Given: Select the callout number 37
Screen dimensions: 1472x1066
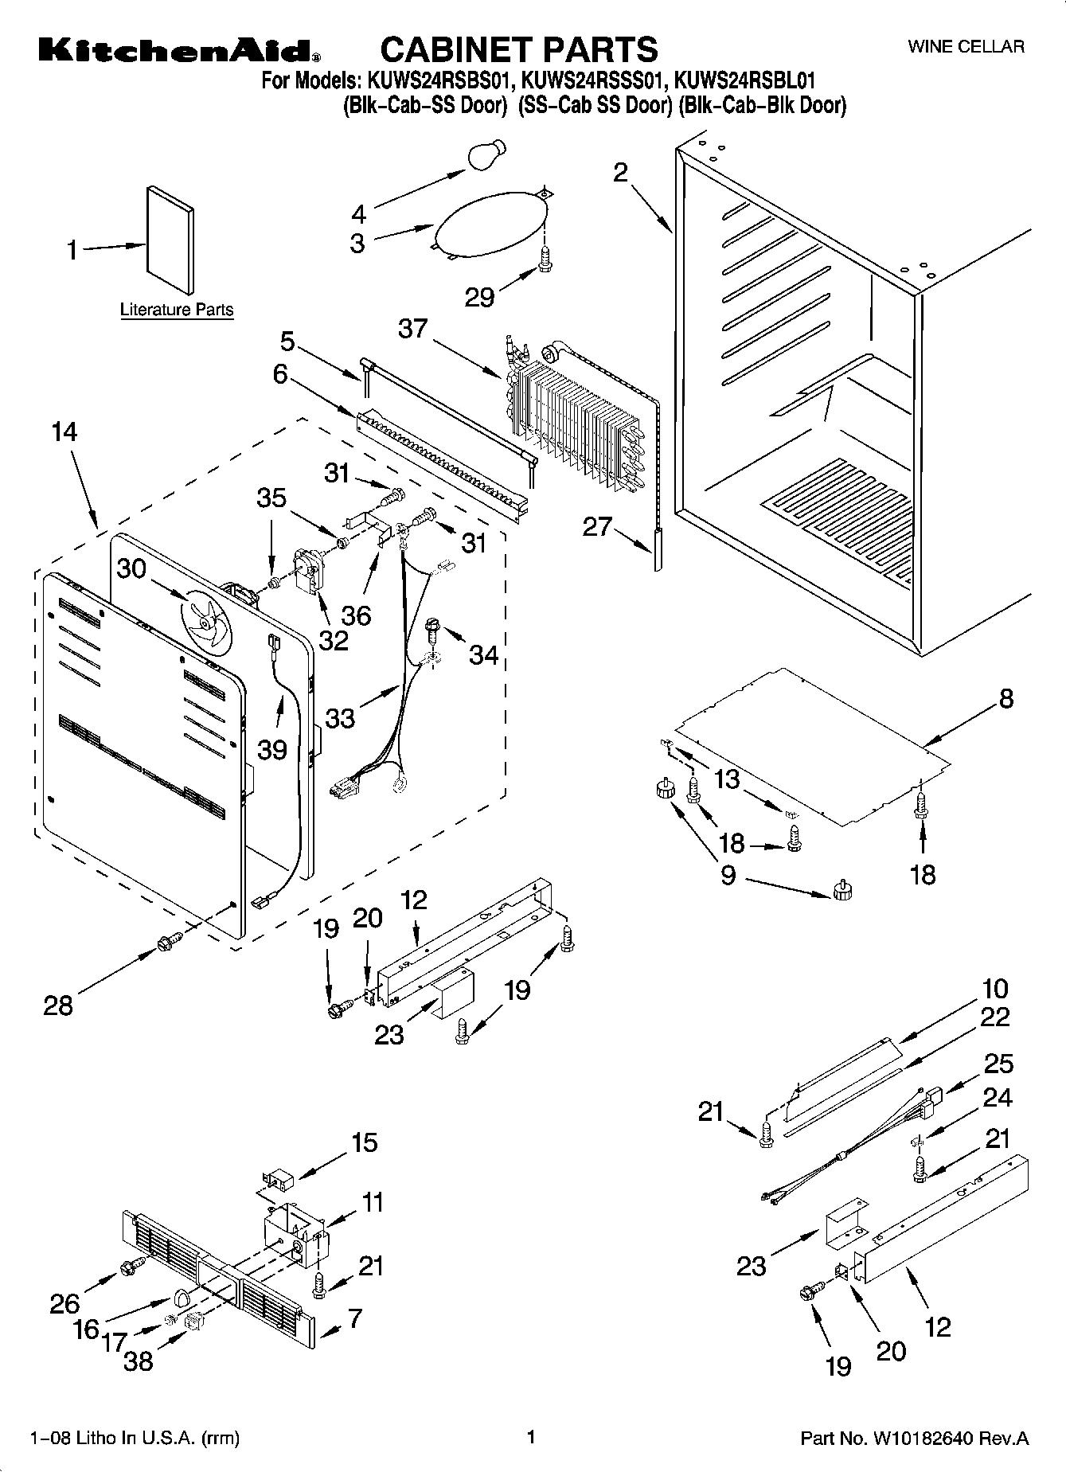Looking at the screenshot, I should [413, 328].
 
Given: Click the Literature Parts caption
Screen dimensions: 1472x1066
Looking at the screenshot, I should [177, 310].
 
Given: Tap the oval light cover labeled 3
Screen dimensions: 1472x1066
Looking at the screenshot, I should [491, 224].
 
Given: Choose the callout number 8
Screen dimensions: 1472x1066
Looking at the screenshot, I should [1006, 698].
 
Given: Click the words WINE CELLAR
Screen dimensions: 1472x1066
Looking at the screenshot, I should [966, 47].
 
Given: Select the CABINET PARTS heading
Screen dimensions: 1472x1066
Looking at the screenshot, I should [519, 49].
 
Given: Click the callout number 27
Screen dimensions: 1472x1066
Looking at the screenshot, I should [597, 526].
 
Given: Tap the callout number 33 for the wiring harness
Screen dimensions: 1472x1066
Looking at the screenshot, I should [340, 718].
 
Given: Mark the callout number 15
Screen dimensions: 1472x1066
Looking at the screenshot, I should [365, 1143].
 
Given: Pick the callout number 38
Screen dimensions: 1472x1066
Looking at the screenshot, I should [139, 1361].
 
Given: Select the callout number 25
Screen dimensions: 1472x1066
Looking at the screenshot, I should [999, 1064].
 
